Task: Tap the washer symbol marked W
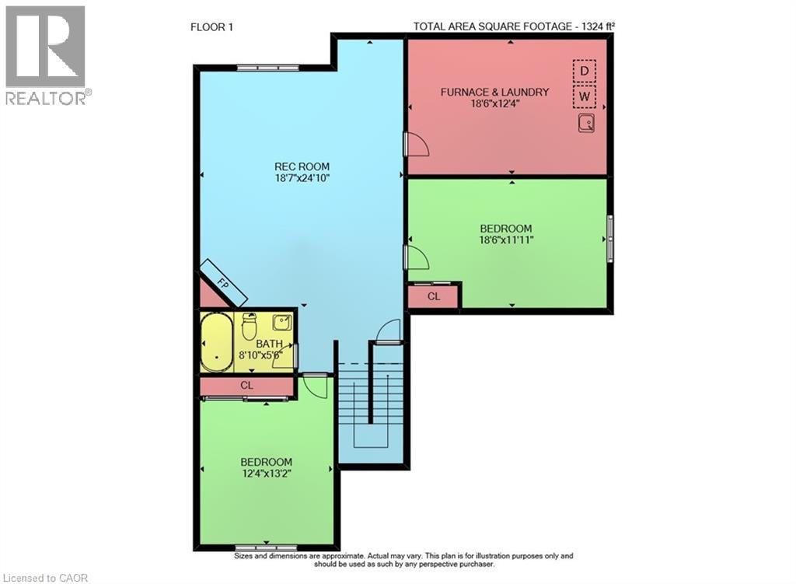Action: (x=584, y=98)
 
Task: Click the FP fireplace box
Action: (x=223, y=282)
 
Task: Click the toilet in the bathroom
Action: (x=250, y=326)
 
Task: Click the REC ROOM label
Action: (x=302, y=166)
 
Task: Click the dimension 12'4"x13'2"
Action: (x=266, y=473)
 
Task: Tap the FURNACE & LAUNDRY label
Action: (x=494, y=92)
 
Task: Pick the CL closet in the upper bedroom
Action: (x=433, y=296)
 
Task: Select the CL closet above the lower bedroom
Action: (x=246, y=385)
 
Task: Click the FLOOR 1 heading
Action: (x=212, y=27)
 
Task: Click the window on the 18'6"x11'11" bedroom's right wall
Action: (x=610, y=238)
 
